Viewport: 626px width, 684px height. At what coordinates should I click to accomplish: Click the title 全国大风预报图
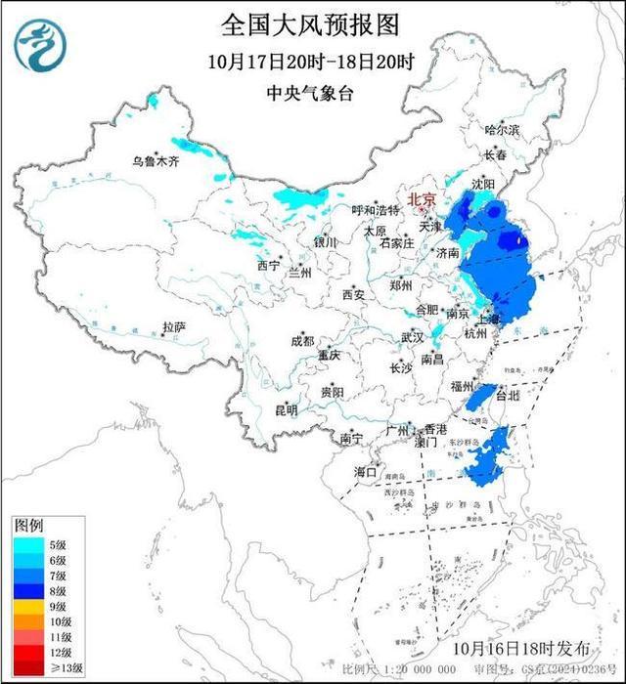312,22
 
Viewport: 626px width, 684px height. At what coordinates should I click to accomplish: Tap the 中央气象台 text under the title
312,94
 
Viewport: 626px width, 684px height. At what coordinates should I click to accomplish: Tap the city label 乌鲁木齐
157,162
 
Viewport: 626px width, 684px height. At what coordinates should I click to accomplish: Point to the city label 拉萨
174,327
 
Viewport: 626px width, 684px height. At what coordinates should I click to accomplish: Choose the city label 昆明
286,409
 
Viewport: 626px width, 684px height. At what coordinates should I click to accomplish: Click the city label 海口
365,472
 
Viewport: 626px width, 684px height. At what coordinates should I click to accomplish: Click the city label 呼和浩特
376,210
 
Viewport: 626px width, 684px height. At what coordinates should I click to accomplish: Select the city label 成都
302,341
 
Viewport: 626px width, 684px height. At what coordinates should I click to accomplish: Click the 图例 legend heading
28,526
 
